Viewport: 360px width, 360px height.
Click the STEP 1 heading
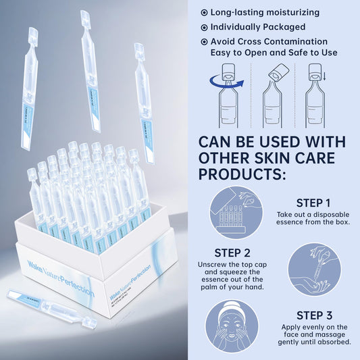(x=313, y=202)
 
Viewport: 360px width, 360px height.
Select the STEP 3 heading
(x=313, y=315)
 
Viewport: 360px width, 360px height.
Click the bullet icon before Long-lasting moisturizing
(x=205, y=13)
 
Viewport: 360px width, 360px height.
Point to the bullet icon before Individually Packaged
(x=205, y=27)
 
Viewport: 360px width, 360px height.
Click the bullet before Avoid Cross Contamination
(x=205, y=42)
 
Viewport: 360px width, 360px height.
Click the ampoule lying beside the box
(x=47, y=307)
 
